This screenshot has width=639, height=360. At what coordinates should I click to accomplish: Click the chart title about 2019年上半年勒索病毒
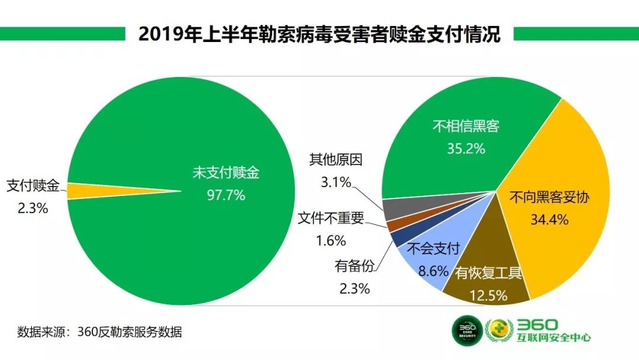point(319,34)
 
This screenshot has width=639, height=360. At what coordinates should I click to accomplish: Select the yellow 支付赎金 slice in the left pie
point(89,191)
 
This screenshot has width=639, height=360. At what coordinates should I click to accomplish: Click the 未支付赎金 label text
point(226,173)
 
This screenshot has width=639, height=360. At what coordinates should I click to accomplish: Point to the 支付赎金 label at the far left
point(33,186)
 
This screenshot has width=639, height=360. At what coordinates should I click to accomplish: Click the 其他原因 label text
point(335,159)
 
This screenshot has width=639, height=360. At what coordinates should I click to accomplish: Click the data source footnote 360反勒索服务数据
point(99,332)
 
